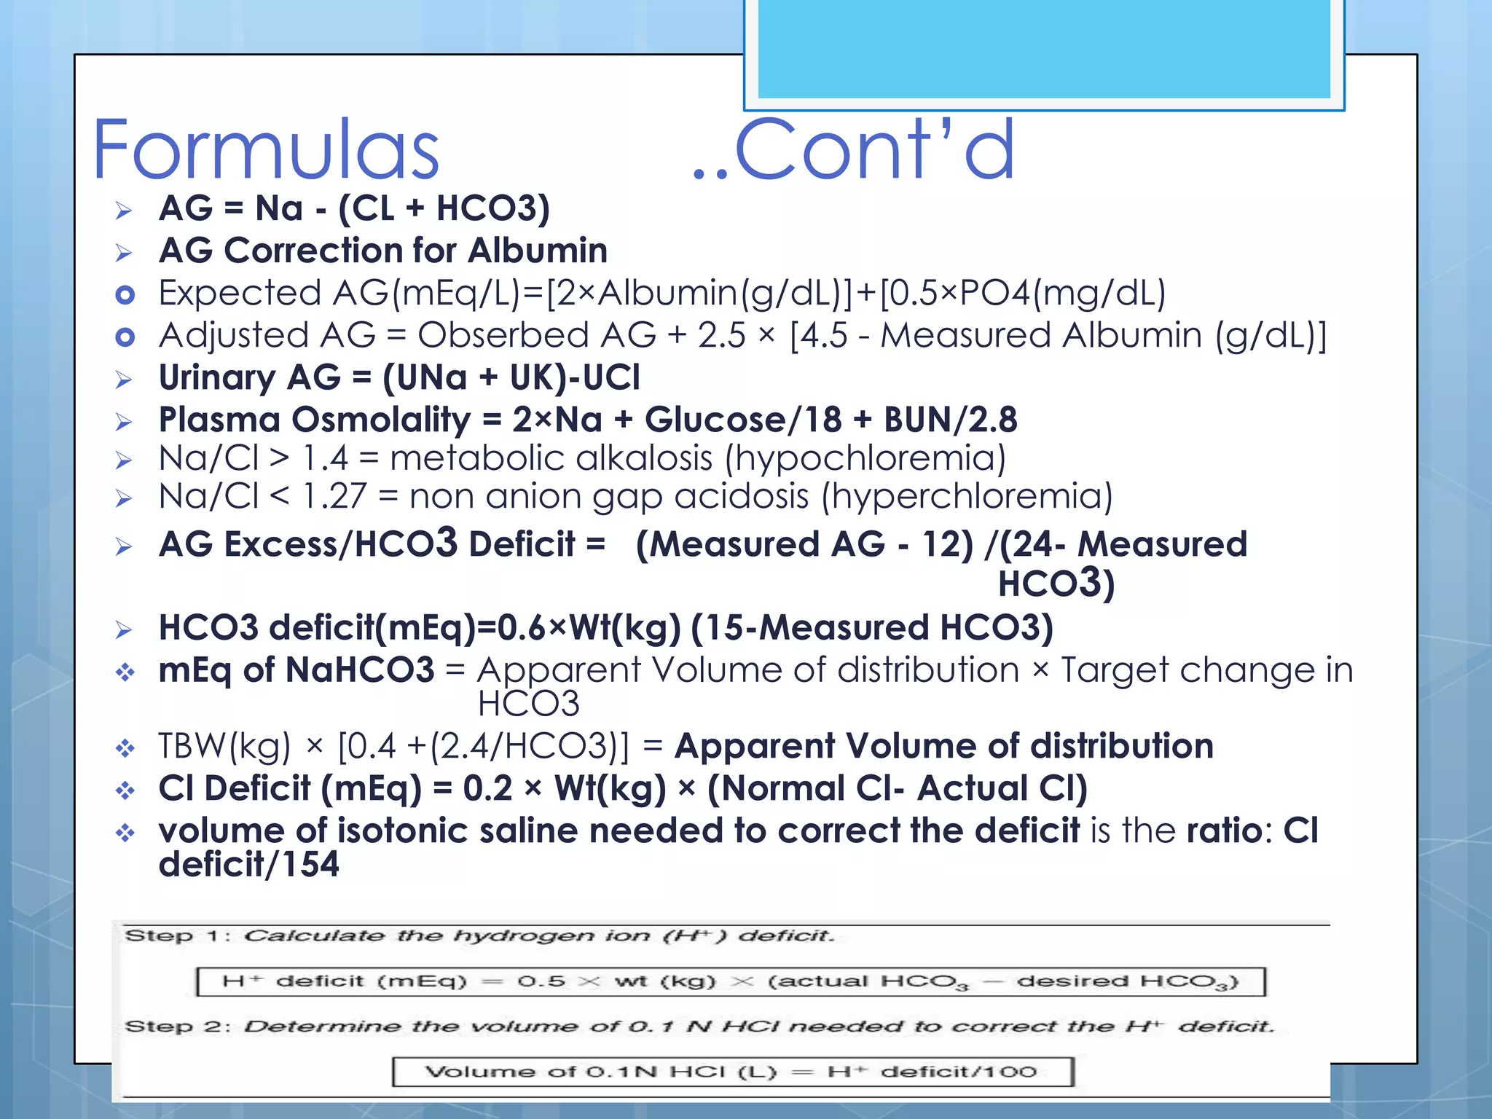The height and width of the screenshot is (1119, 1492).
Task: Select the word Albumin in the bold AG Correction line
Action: [538, 251]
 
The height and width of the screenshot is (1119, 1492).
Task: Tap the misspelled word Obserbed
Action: [503, 335]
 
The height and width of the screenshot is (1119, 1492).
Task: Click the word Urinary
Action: [216, 378]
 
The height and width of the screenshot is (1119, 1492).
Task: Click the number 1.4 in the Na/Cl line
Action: [325, 459]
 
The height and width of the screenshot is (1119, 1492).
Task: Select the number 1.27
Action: [334, 497]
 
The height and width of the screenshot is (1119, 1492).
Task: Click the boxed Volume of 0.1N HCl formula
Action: [732, 1072]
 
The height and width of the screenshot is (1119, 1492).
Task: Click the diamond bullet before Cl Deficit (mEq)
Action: [125, 790]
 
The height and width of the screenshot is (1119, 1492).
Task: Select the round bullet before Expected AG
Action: [125, 295]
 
